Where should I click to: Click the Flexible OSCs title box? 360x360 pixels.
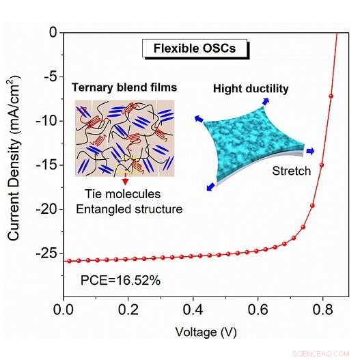(x=195, y=49)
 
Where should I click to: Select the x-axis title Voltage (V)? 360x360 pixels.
(x=206, y=333)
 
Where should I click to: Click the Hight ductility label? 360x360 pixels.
(x=251, y=89)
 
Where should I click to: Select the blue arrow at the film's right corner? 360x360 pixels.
(x=310, y=152)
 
